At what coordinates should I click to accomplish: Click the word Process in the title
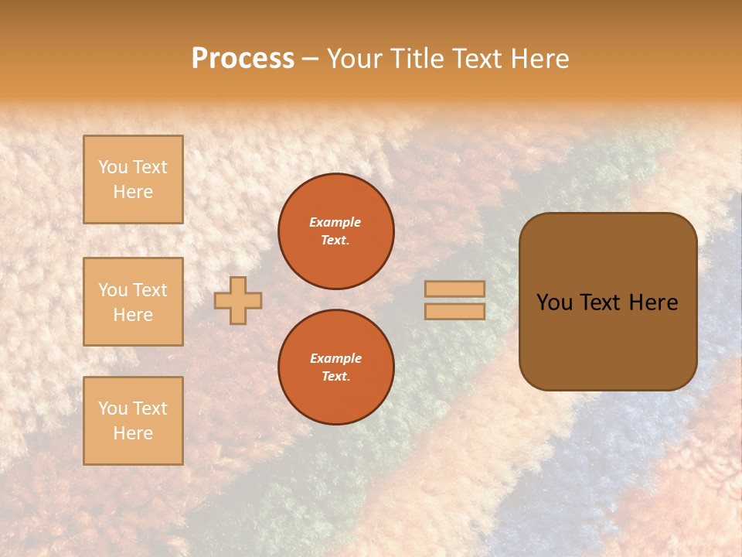point(243,58)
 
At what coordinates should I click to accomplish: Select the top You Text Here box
point(133,179)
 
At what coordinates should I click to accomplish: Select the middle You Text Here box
point(133,302)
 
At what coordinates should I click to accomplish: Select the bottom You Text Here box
point(133,421)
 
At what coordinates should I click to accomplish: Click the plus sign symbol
point(238,300)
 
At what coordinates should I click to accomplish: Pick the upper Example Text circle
point(336,231)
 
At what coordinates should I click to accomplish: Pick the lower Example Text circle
point(336,367)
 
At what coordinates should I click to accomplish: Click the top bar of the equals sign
point(455,289)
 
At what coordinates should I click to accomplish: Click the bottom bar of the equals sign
point(455,312)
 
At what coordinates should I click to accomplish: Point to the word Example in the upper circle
point(335,222)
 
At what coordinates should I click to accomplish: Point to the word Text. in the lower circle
point(336,377)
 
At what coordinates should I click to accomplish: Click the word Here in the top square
point(133,192)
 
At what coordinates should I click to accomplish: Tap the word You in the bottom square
point(113,408)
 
